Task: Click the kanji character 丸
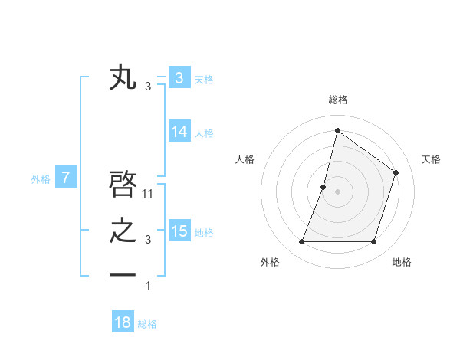(x=123, y=79)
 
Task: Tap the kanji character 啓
(x=123, y=185)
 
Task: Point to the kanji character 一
(x=123, y=275)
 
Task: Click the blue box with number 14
(x=179, y=132)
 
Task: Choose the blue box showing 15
(x=179, y=231)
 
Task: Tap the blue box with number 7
(x=66, y=178)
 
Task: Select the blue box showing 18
(x=123, y=322)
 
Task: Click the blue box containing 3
(x=179, y=78)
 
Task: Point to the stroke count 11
(x=148, y=194)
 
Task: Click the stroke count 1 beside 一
(x=148, y=286)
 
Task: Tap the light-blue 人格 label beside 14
(x=204, y=133)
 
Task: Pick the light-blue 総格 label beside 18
(x=147, y=324)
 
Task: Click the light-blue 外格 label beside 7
(x=41, y=180)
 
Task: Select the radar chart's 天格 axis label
(x=432, y=159)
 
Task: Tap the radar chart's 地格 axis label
(x=402, y=262)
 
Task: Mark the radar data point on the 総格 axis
(x=337, y=130)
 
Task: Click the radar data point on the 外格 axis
(x=301, y=241)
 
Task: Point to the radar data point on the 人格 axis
(x=324, y=187)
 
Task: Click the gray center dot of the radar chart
(x=337, y=191)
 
